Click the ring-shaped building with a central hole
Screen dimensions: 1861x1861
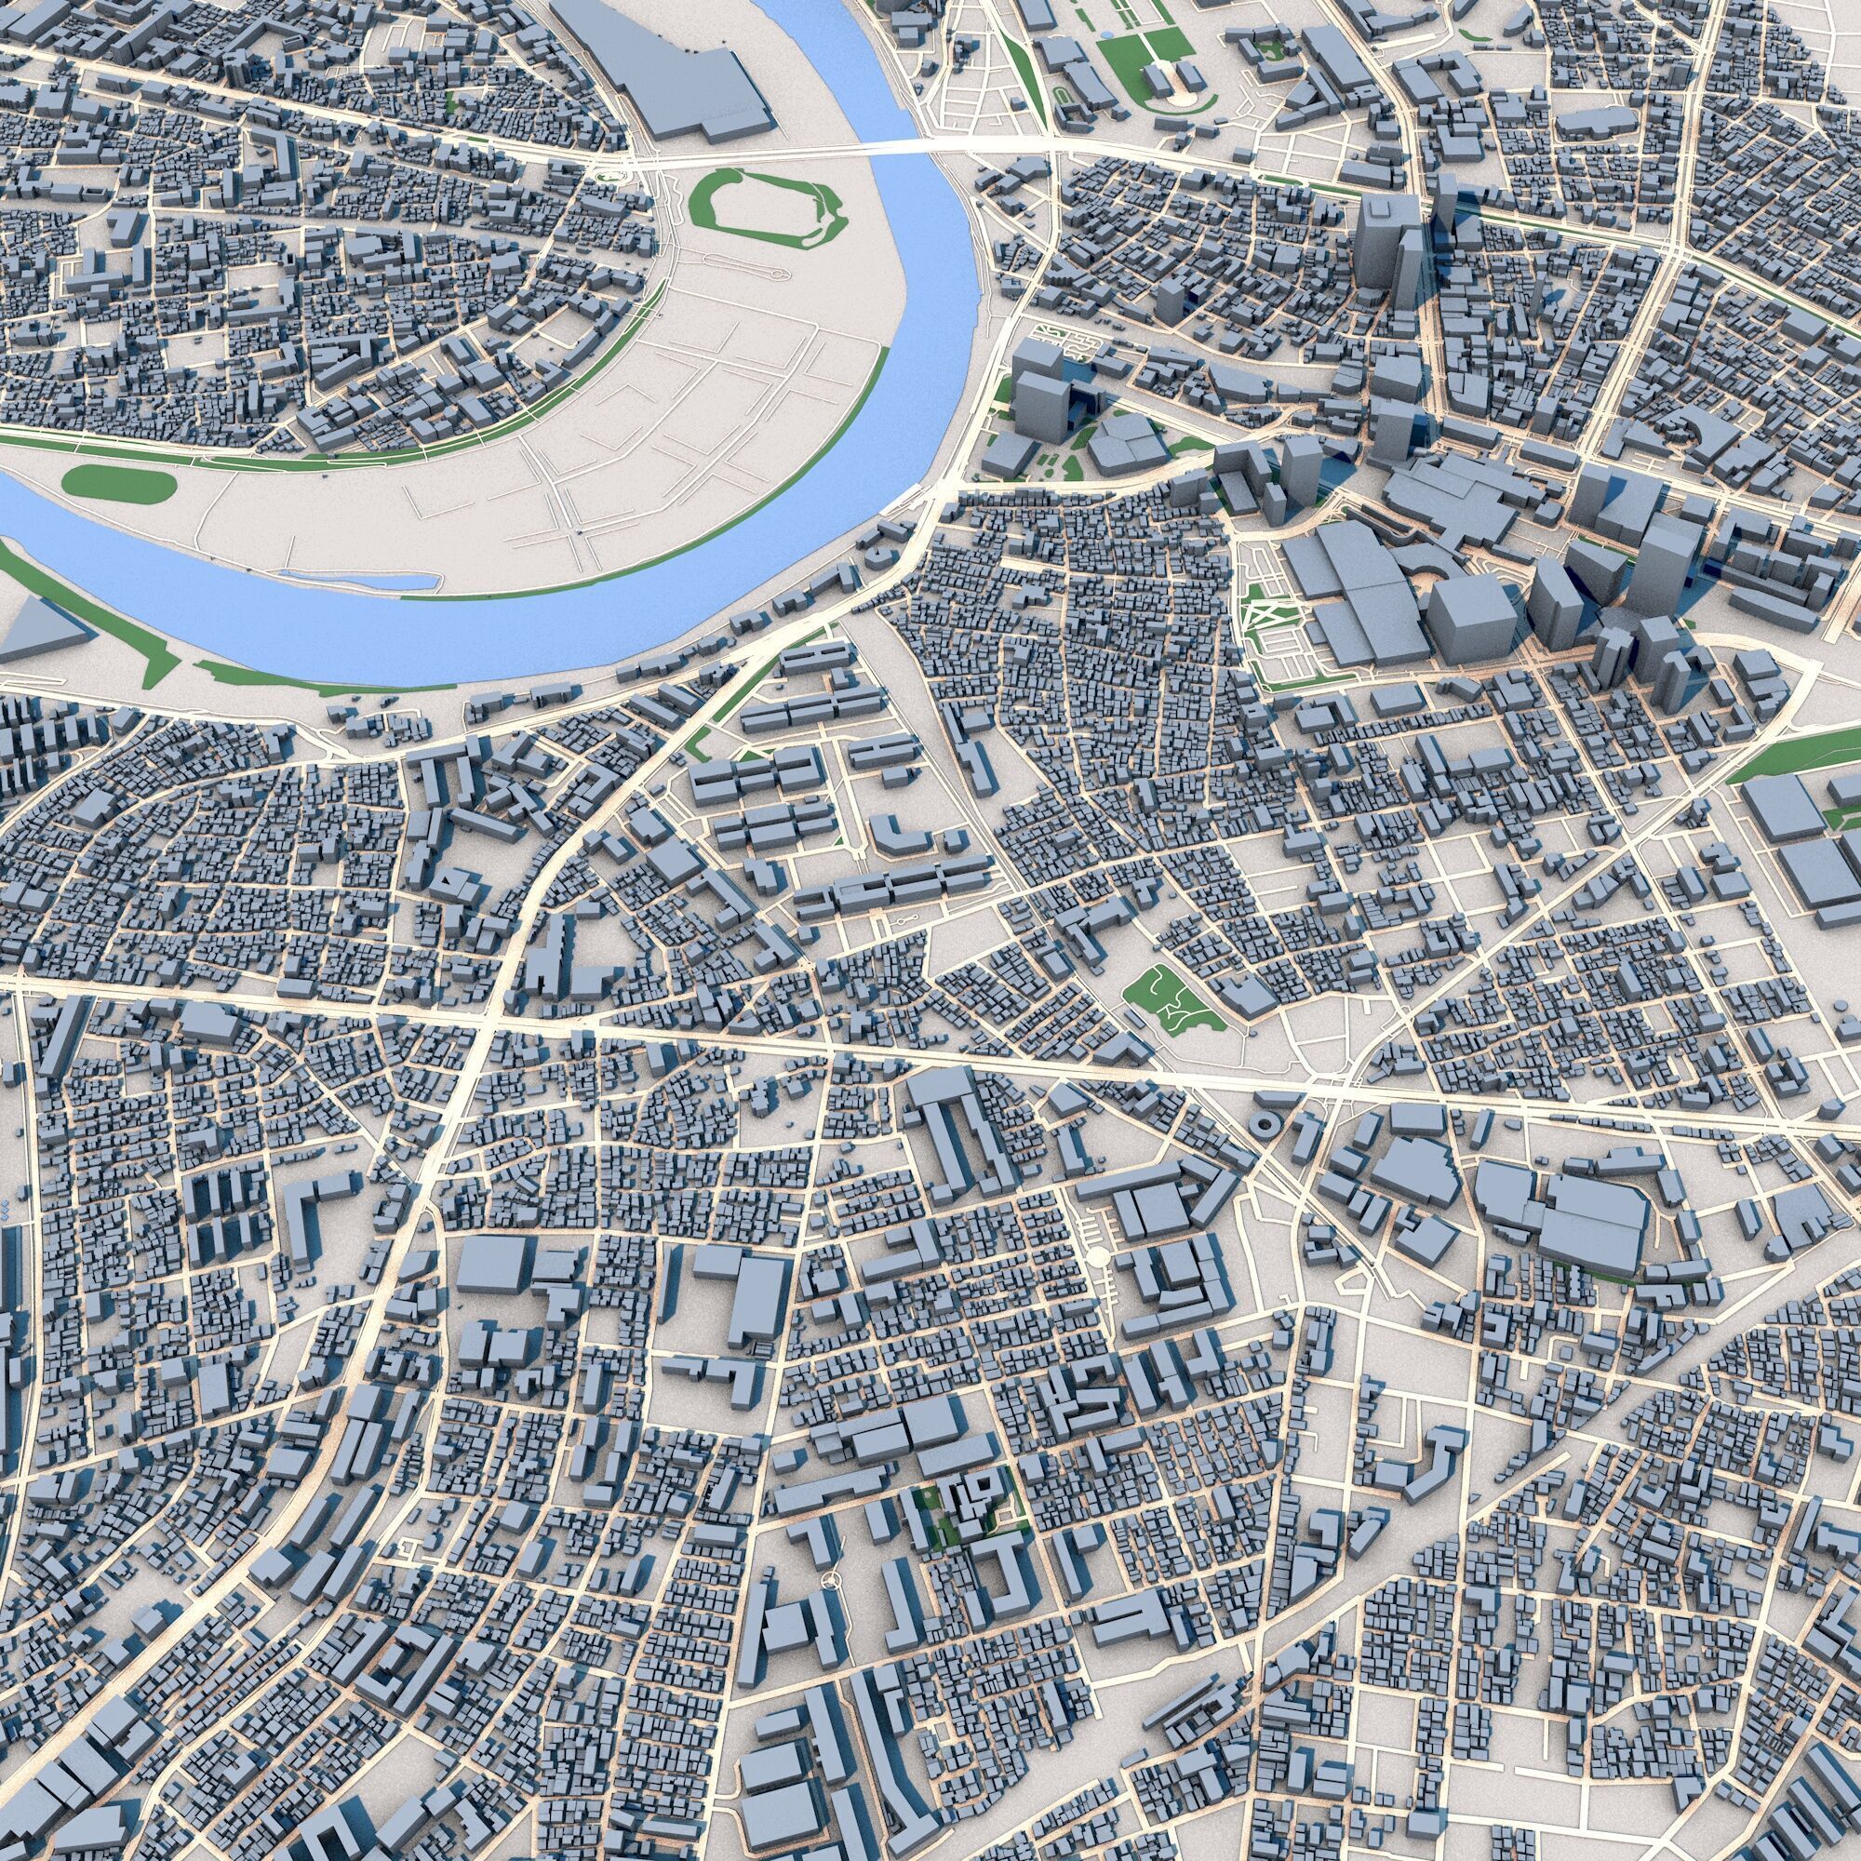(x=1263, y=1123)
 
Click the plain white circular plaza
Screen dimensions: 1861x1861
(x=1096, y=1256)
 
